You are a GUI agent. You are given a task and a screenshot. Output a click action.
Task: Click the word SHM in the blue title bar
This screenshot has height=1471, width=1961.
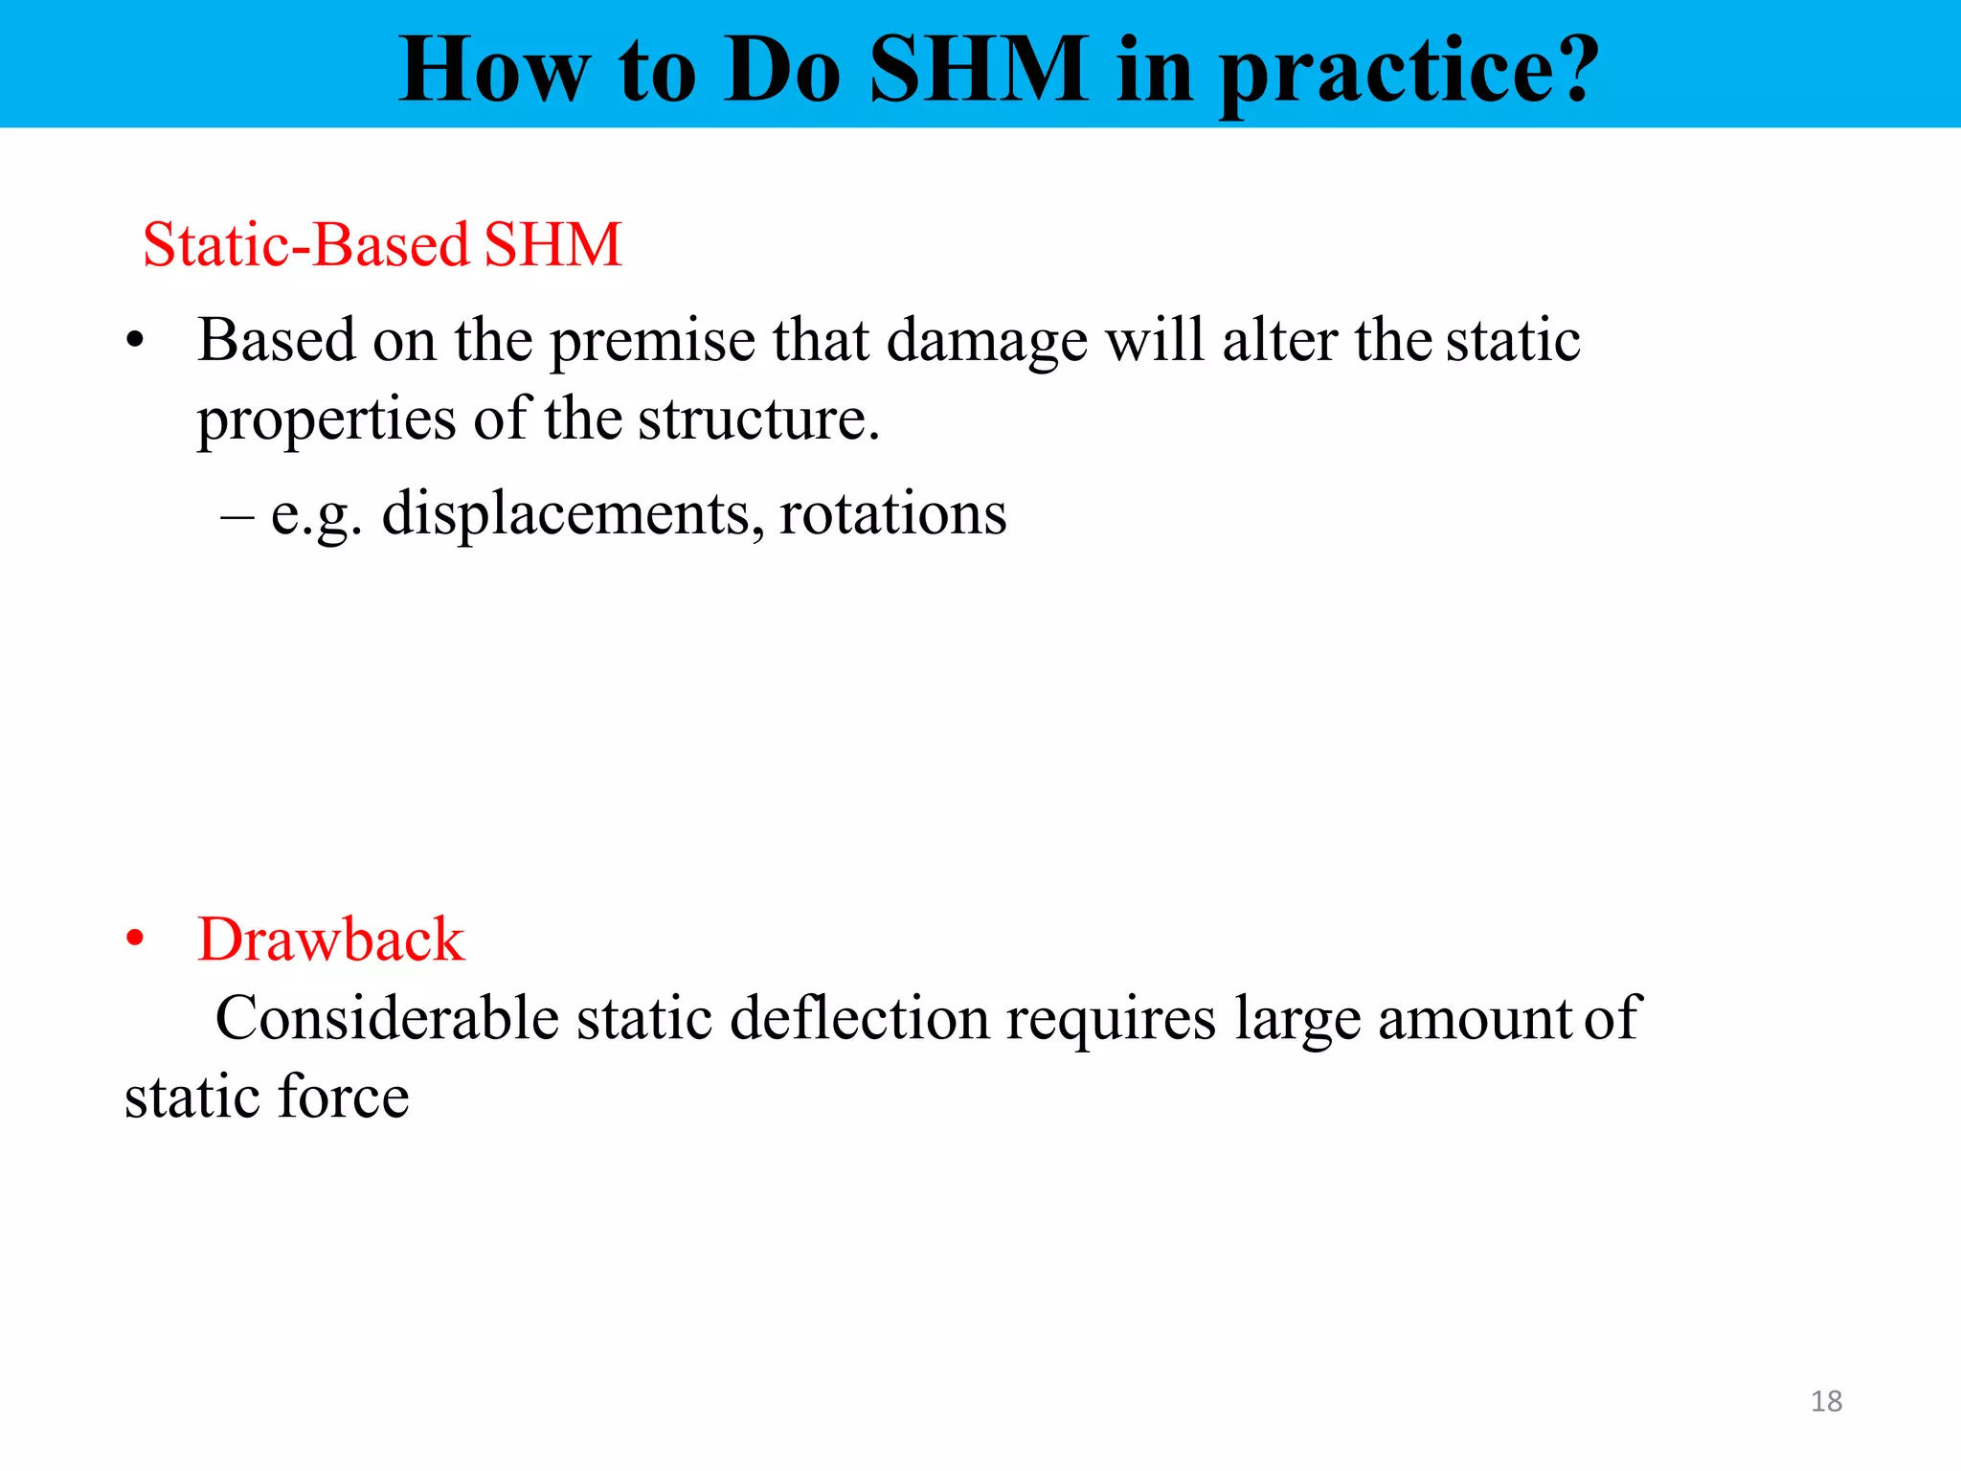click(x=979, y=69)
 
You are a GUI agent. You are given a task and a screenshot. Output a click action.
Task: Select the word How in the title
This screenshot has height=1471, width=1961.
click(x=494, y=69)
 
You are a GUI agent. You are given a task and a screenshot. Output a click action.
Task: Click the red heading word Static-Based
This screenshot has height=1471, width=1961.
click(x=305, y=244)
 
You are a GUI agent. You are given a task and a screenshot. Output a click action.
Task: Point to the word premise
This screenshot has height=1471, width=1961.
click(x=652, y=342)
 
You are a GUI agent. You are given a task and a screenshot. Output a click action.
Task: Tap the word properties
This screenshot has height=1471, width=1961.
click(x=327, y=420)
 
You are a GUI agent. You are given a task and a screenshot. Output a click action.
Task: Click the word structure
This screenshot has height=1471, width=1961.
click(x=757, y=420)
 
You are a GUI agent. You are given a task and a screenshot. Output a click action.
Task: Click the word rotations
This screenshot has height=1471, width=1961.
click(x=892, y=514)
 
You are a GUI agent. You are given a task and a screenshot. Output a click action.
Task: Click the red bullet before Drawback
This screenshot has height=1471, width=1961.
click(x=135, y=939)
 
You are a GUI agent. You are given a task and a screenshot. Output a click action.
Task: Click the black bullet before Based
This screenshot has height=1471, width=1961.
click(x=135, y=341)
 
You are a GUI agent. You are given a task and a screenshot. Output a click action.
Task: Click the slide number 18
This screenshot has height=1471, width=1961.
click(x=1826, y=1401)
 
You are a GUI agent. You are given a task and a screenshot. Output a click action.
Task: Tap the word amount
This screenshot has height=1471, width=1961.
click(x=1475, y=1019)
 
